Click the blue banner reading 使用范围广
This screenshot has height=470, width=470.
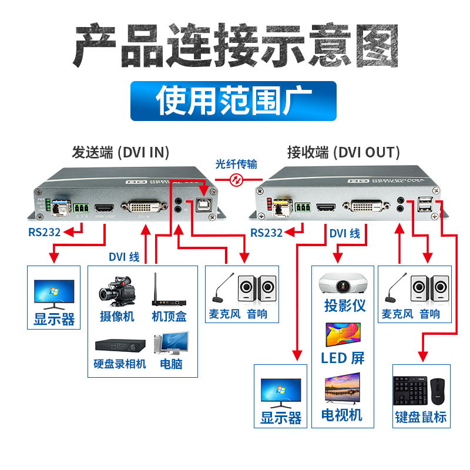pos(233,101)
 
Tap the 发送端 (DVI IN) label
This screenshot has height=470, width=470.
pos(120,153)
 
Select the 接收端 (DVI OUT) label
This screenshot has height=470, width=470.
pos(343,153)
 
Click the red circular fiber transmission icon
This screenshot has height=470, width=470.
pos(236,179)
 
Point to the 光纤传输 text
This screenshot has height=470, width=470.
pos(236,164)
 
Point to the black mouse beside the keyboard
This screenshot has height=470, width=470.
pos(438,390)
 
